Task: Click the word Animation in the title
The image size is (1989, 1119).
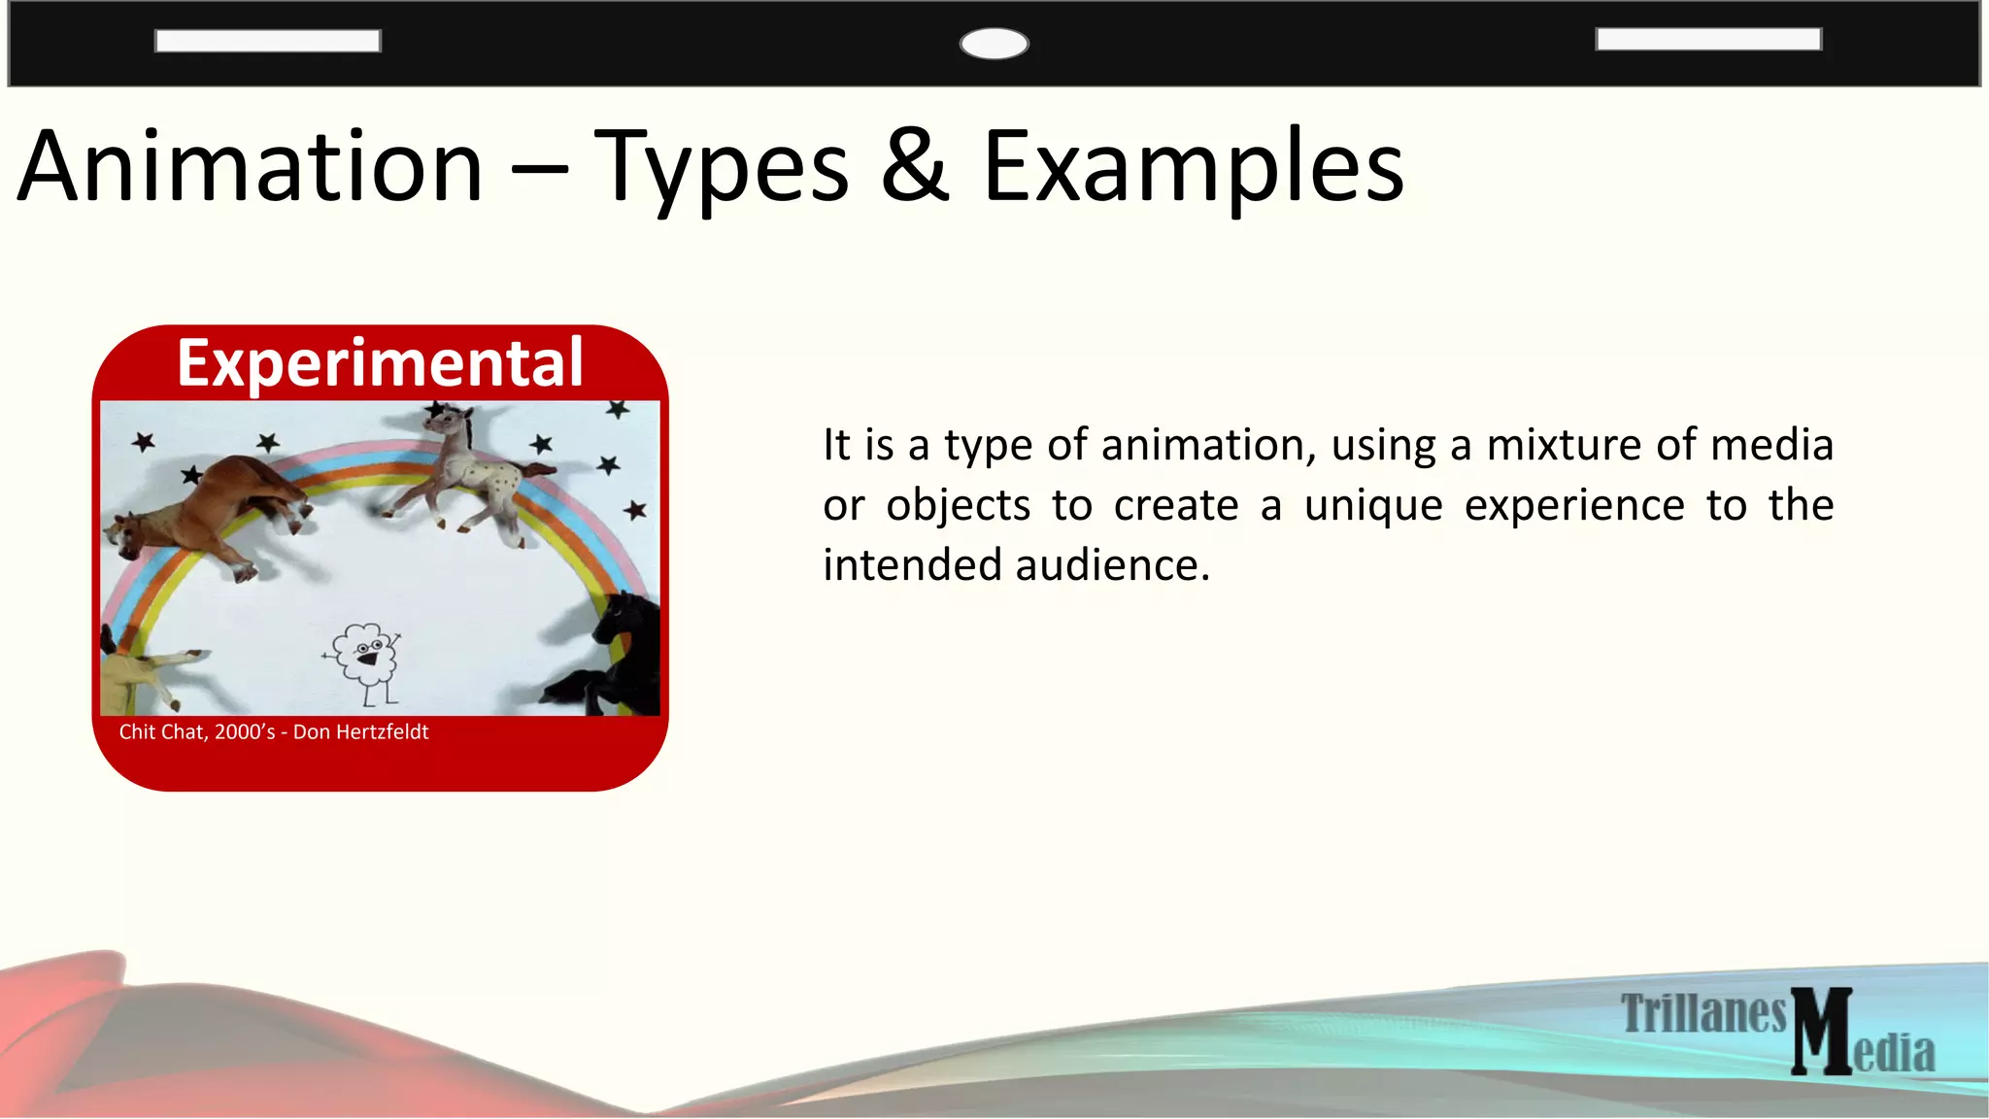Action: [251, 167]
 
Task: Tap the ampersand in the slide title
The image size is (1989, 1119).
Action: [915, 167]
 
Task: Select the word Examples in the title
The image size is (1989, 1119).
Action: [1193, 167]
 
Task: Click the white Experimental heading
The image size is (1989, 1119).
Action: [380, 363]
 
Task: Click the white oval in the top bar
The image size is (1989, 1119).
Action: [994, 44]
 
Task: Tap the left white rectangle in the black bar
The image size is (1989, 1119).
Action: [267, 41]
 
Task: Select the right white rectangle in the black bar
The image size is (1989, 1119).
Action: [1708, 39]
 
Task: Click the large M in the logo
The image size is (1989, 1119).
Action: [1821, 1032]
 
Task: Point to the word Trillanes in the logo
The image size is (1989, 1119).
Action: [1703, 1014]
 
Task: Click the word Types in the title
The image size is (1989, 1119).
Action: [722, 167]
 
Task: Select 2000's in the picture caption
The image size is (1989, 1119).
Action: [245, 732]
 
